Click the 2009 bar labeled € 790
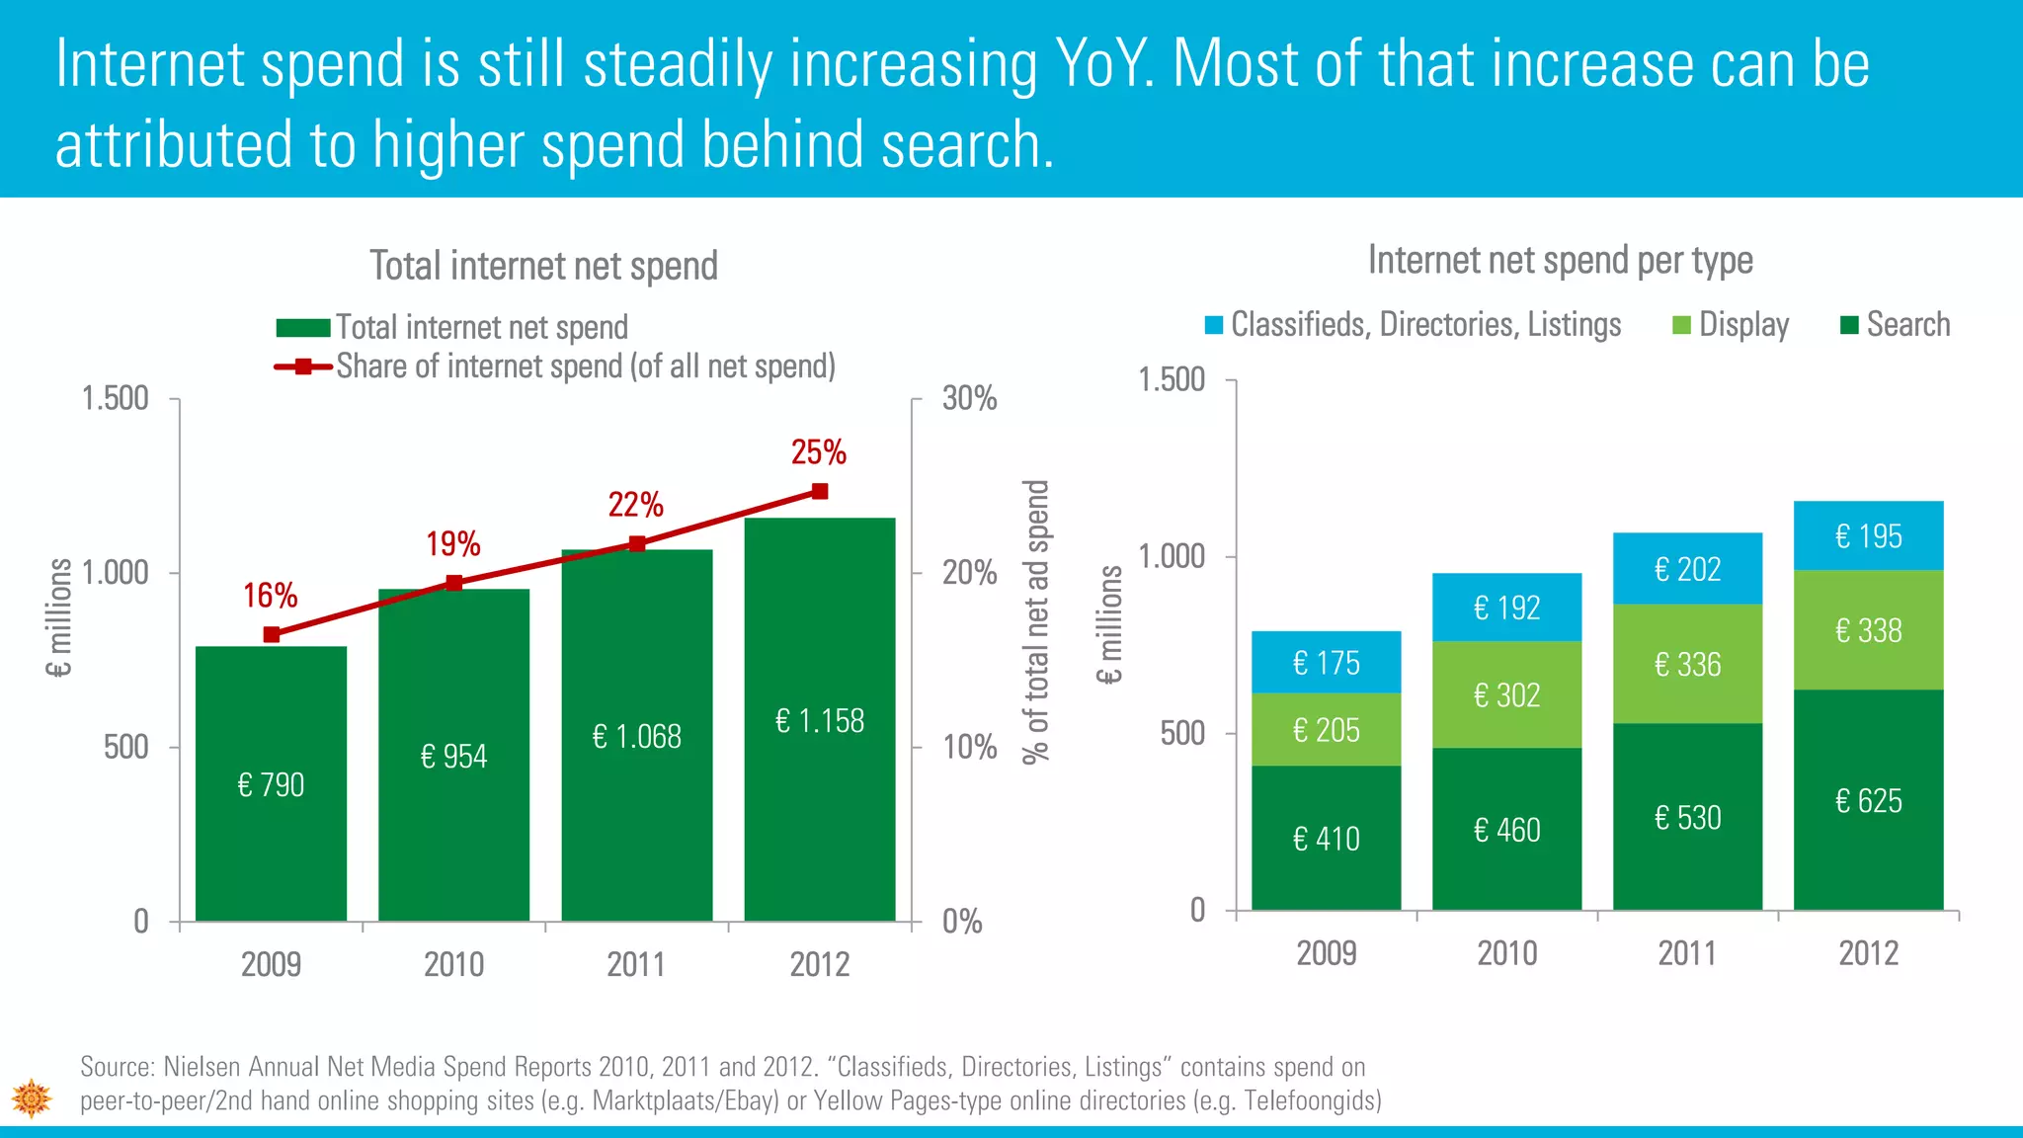[x=271, y=784]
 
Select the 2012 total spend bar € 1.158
[x=819, y=721]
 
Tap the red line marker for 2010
[x=454, y=583]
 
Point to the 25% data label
[x=819, y=452]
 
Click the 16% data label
[x=271, y=596]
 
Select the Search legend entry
[x=1896, y=325]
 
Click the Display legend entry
[x=1731, y=325]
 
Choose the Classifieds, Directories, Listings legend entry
[x=1414, y=325]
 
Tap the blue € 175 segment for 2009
[x=1326, y=663]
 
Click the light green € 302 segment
[x=1506, y=695]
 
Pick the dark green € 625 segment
[x=1868, y=800]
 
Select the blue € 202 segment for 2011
[x=1687, y=569]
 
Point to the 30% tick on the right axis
[x=969, y=399]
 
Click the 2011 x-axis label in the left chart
[x=636, y=964]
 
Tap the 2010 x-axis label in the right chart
[x=1506, y=953]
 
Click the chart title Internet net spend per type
[x=1560, y=260]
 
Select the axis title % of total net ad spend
[x=1035, y=622]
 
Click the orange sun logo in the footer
[x=32, y=1097]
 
